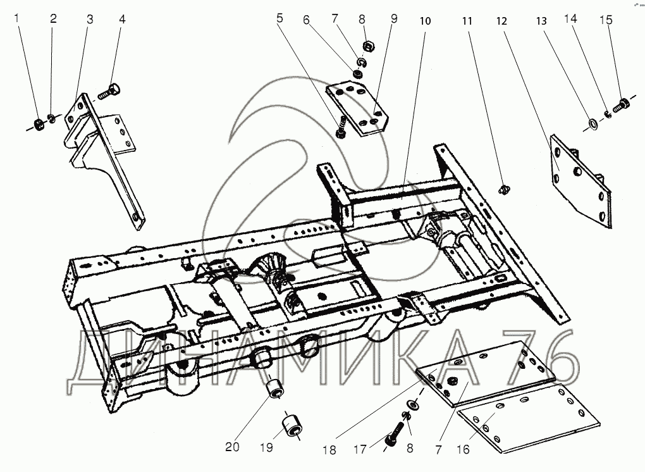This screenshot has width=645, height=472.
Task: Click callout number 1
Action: pos(16,18)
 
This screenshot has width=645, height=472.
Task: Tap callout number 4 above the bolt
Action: pos(122,19)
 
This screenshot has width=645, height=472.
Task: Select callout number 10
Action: pos(426,21)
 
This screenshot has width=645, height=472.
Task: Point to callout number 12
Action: pos(501,21)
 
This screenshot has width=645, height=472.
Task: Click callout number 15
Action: pos(606,20)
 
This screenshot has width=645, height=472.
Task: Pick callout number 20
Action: pos(233,447)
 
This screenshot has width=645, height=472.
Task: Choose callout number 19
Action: pos(267,447)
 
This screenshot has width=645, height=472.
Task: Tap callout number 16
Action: pos(463,449)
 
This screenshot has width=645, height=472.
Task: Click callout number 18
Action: pos(329,450)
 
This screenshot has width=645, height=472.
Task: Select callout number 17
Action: pos(360,449)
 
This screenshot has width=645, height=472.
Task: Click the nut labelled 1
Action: pos(37,123)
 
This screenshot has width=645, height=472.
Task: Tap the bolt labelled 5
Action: pos(341,128)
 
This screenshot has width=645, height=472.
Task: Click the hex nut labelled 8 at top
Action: pos(368,46)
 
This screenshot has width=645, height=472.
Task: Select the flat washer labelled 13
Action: pos(593,123)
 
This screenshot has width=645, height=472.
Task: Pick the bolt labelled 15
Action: pos(620,106)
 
